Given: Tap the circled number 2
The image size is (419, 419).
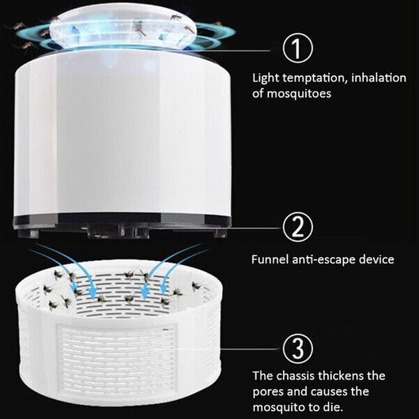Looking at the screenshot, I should coord(296,227).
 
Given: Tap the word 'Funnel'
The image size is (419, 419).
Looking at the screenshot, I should coord(270,259).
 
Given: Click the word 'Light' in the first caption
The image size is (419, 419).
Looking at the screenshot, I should coord(266,78).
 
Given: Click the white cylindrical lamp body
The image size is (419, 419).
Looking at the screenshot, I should coord(119,134).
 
